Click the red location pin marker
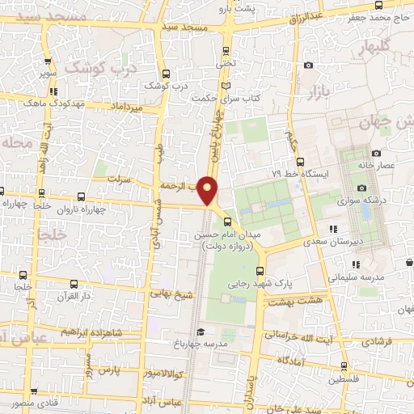pyautogui.click(x=209, y=190)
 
